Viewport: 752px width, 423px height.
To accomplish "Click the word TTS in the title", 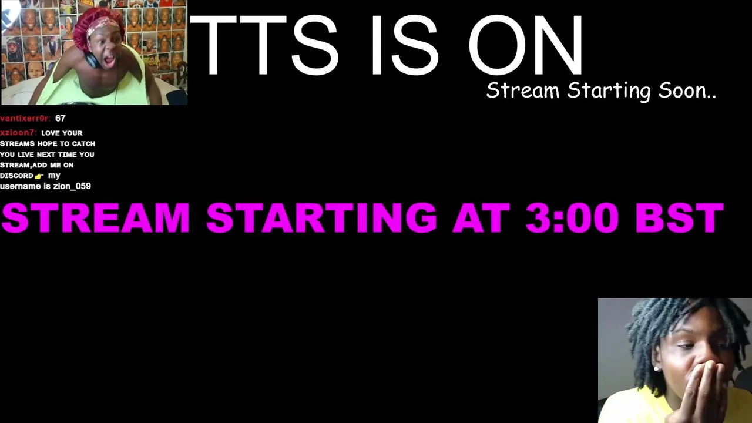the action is click(264, 45).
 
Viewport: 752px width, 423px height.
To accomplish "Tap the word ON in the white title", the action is click(526, 45).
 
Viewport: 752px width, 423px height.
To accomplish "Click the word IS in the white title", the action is click(405, 45).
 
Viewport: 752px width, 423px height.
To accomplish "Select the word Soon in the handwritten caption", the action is click(687, 90).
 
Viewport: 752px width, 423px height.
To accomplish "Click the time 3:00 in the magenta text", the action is click(572, 217).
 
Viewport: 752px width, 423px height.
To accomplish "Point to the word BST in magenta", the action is click(680, 217).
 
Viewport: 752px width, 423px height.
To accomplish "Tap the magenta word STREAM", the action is click(96, 217).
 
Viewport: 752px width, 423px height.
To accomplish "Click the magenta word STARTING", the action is click(321, 217).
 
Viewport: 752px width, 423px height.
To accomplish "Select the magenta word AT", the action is click(481, 217).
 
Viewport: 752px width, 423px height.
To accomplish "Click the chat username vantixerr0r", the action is click(25, 118).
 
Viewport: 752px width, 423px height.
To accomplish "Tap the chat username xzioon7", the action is click(18, 133).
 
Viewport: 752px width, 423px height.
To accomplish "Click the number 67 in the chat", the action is click(61, 118).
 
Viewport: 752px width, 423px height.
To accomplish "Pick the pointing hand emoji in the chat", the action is click(39, 176).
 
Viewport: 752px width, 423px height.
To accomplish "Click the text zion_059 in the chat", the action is click(72, 186).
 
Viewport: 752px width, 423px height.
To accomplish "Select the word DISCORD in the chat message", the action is click(17, 176).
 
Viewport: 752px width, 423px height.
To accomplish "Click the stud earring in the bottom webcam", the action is click(656, 368).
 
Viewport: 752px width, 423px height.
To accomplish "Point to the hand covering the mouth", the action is click(701, 390).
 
